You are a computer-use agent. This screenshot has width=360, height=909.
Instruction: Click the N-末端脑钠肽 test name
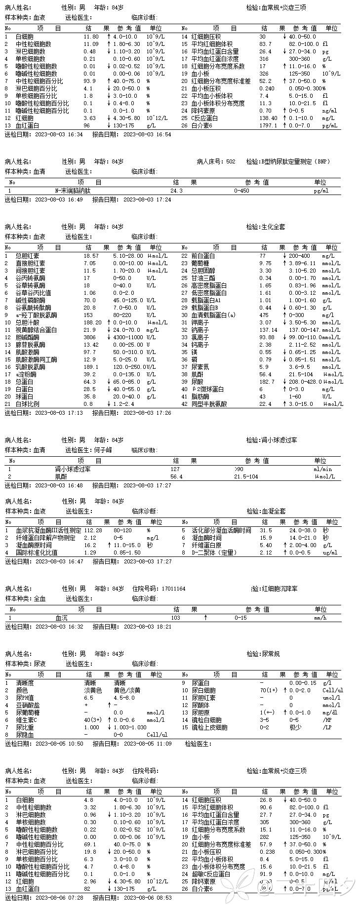click(73, 191)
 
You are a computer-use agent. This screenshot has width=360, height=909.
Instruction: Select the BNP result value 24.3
click(176, 191)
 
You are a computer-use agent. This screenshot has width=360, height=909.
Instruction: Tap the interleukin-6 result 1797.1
click(268, 125)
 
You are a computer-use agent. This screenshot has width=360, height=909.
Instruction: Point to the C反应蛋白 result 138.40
click(268, 118)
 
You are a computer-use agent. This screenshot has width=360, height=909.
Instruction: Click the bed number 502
click(231, 161)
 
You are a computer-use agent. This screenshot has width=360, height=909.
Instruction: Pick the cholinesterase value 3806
click(90, 337)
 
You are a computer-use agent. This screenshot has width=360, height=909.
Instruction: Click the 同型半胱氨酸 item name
click(209, 404)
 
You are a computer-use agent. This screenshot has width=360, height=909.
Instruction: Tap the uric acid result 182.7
click(267, 382)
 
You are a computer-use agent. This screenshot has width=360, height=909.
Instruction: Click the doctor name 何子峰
click(103, 450)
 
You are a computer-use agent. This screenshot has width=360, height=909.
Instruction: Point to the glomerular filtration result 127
click(175, 470)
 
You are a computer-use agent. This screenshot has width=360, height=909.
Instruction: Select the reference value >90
click(239, 470)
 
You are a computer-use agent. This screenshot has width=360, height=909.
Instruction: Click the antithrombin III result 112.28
click(93, 530)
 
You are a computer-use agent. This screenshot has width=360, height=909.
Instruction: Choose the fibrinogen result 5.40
click(266, 545)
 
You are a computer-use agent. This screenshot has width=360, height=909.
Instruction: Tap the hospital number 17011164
click(173, 589)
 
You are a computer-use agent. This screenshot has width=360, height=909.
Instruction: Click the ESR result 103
click(175, 618)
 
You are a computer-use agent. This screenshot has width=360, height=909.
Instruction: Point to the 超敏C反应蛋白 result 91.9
click(266, 874)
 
